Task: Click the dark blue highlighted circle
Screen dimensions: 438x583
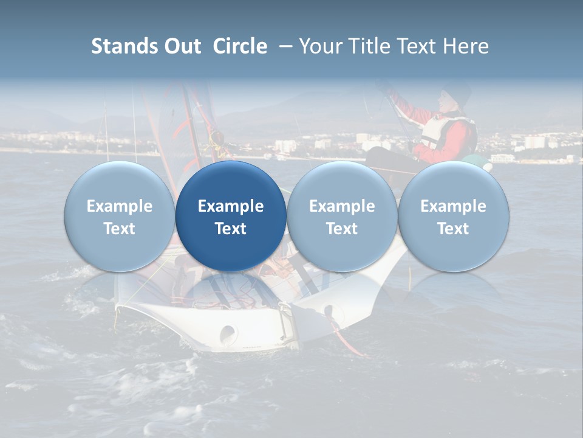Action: [231, 217]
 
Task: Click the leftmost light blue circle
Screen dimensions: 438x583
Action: [119, 217]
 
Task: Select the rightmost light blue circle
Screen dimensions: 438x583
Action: [453, 217]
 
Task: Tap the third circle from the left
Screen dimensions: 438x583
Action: [342, 217]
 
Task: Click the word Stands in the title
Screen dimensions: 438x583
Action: [123, 46]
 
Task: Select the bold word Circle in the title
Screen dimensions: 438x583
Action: [240, 46]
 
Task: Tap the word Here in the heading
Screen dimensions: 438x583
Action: [466, 46]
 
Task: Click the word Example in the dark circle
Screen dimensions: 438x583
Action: [231, 206]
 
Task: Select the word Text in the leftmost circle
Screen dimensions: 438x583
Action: [119, 229]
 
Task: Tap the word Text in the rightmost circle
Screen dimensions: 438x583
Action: [453, 229]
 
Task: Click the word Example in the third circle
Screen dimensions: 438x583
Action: [342, 206]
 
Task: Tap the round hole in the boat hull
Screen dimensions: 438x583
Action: [228, 332]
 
